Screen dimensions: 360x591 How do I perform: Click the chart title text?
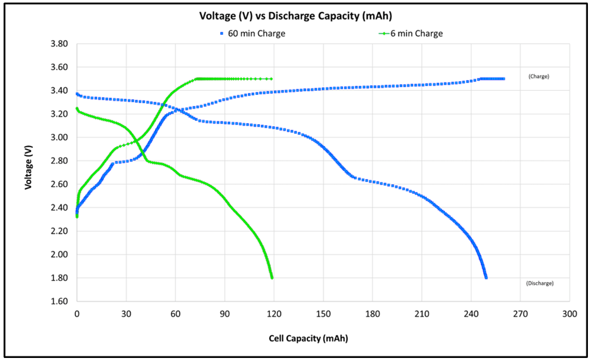[x=295, y=16]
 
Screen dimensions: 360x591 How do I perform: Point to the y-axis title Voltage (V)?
[x=29, y=167]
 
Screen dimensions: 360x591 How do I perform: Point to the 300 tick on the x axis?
[x=569, y=313]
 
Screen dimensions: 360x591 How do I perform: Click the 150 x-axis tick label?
[x=323, y=313]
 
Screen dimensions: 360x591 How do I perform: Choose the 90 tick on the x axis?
[x=225, y=313]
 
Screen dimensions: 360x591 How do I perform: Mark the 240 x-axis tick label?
[x=471, y=313]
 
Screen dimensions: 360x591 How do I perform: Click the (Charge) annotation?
[x=539, y=76]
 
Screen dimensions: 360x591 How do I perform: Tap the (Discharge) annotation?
[x=540, y=283]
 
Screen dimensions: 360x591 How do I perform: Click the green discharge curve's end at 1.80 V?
[x=271, y=277]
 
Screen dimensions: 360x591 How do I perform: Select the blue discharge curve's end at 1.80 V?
[x=485, y=277]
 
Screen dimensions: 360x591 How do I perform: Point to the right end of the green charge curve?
[x=271, y=79]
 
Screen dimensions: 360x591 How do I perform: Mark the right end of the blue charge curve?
[x=503, y=79]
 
